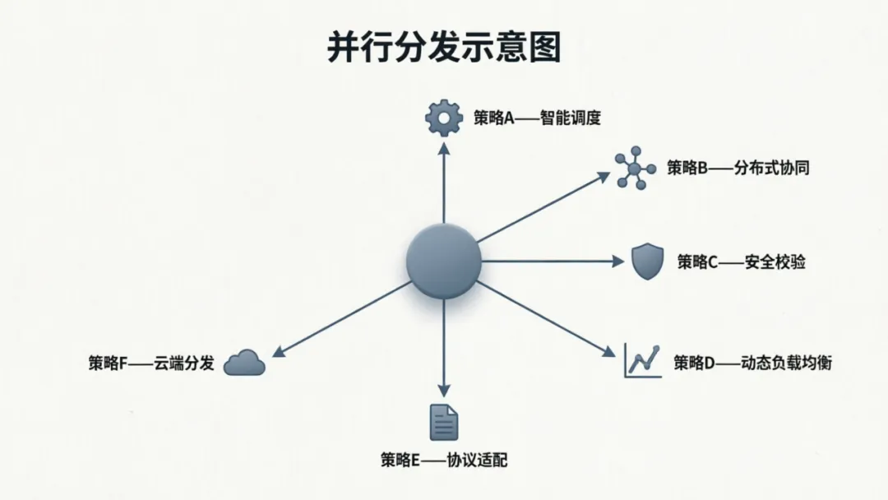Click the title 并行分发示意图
pyautogui.click(x=444, y=47)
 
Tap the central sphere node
pyautogui.click(x=443, y=261)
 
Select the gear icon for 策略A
pyautogui.click(x=444, y=118)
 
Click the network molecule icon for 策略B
pyautogui.click(x=635, y=169)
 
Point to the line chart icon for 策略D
pyautogui.click(x=642, y=360)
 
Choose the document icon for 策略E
pyautogui.click(x=444, y=422)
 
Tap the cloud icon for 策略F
pyautogui.click(x=244, y=362)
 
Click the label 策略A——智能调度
pyautogui.click(x=537, y=118)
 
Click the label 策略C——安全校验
pyautogui.click(x=741, y=262)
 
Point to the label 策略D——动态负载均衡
pyautogui.click(x=752, y=362)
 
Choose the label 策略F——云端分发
pyautogui.click(x=151, y=363)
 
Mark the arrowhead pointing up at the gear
pyautogui.click(x=444, y=148)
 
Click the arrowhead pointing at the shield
pyautogui.click(x=618, y=262)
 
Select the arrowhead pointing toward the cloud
pyautogui.click(x=278, y=352)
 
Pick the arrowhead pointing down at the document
pyautogui.click(x=444, y=391)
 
